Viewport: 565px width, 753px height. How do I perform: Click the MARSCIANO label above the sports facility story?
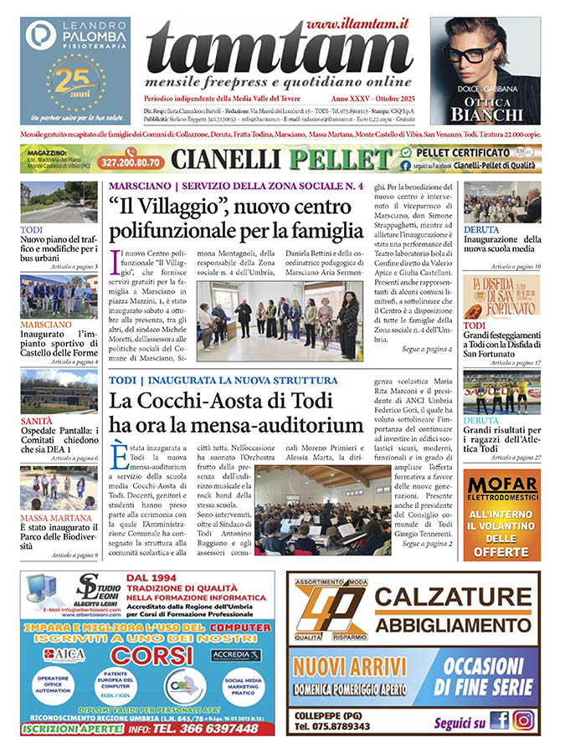point(48,324)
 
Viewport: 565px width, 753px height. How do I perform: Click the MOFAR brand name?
point(502,482)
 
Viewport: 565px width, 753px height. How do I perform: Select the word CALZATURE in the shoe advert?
point(453,597)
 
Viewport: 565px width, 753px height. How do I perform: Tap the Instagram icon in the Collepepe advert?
point(524,720)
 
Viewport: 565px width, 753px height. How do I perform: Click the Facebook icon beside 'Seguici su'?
point(500,720)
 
